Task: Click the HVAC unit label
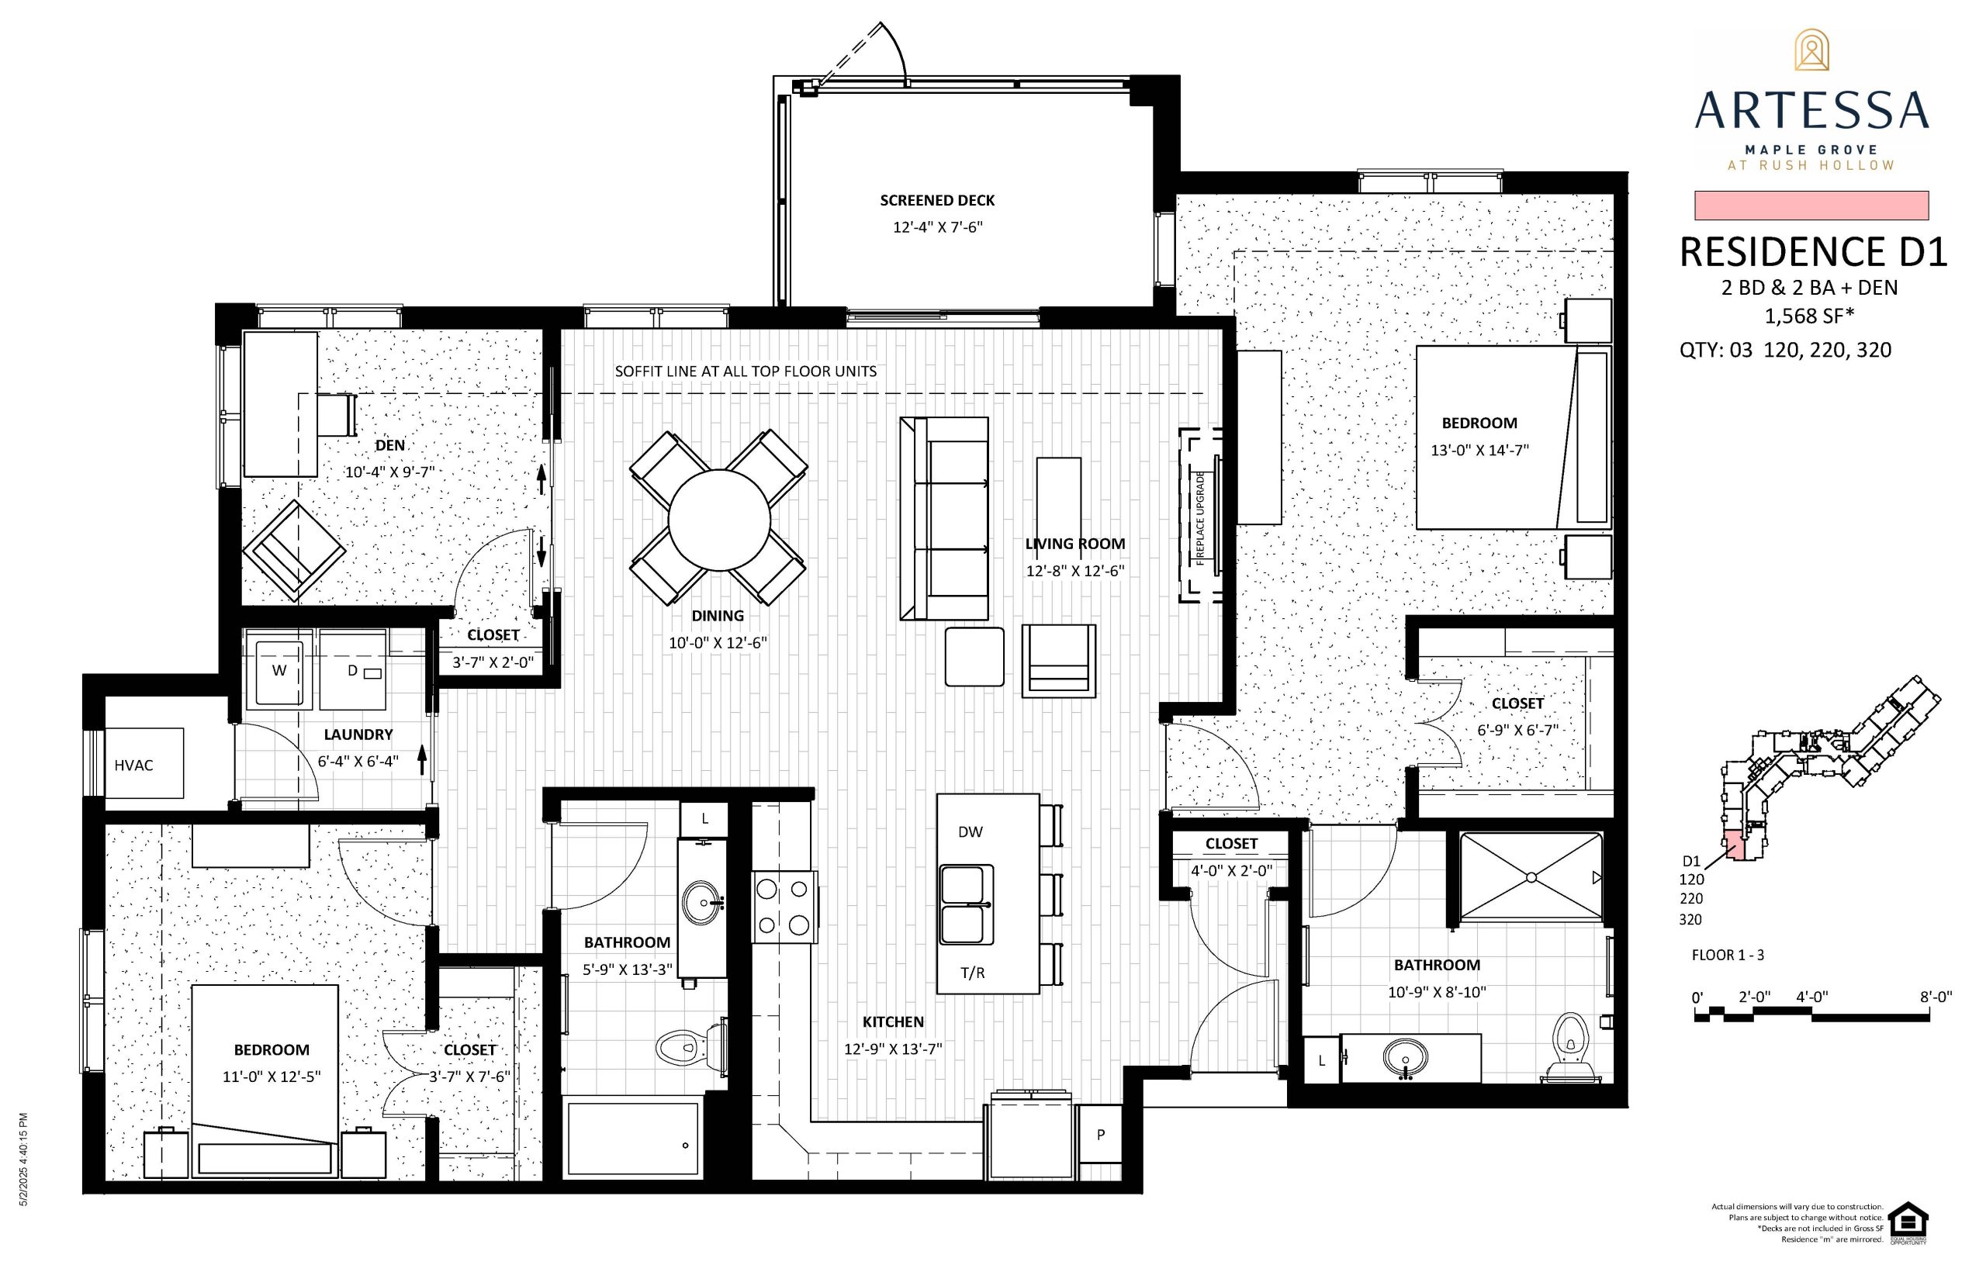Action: [x=134, y=766]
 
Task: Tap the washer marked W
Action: [x=279, y=669]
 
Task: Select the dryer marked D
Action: [x=353, y=670]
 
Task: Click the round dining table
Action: [x=718, y=520]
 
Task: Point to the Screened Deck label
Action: [x=938, y=201]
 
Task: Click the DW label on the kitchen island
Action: [x=971, y=832]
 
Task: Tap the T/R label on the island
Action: [x=973, y=973]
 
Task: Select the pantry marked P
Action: [x=1100, y=1135]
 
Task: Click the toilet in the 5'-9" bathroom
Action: [x=690, y=1047]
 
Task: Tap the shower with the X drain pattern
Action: [x=1531, y=876]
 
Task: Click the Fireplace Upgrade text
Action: [x=1200, y=519]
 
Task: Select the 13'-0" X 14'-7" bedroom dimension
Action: [x=1479, y=451]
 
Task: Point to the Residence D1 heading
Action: [x=1813, y=253]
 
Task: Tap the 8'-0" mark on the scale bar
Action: [x=1936, y=997]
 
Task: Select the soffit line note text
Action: [x=746, y=372]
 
